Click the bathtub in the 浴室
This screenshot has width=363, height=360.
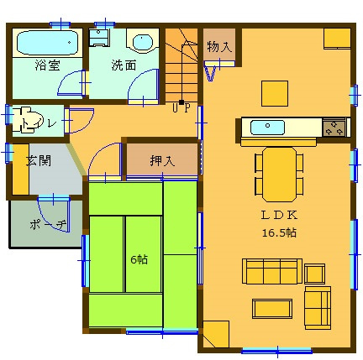[x=47, y=43]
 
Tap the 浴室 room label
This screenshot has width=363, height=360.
[x=47, y=65]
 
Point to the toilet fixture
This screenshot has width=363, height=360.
[x=28, y=120]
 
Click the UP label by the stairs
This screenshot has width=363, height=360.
[x=181, y=108]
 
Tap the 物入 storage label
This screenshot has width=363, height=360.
[x=219, y=46]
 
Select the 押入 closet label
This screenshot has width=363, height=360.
[x=162, y=161]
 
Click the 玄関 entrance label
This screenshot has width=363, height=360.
[x=39, y=161]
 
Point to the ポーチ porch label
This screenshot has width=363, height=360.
[x=48, y=224]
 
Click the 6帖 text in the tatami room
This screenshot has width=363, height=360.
[x=139, y=260]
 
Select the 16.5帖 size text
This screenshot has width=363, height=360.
[x=279, y=232]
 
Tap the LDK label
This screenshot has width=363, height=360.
[x=279, y=215]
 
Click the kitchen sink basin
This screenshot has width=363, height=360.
[x=267, y=128]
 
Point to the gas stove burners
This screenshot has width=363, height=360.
[x=334, y=128]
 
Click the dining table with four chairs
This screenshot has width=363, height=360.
[x=279, y=175]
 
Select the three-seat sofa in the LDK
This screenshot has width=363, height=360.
[x=272, y=271]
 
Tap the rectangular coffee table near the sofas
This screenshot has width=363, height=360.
[x=272, y=309]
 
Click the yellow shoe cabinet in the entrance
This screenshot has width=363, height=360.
[x=21, y=170]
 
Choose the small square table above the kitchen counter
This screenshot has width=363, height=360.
[x=275, y=93]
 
